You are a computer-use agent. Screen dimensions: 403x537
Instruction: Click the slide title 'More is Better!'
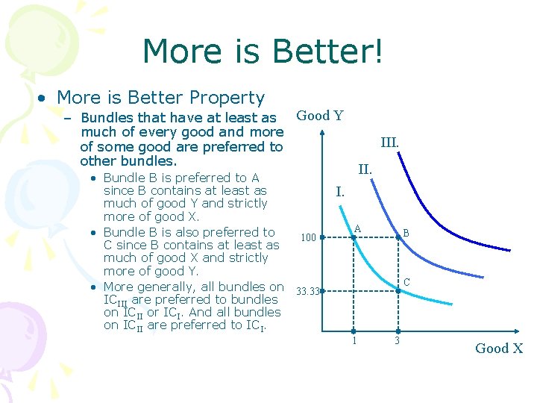[x=263, y=52]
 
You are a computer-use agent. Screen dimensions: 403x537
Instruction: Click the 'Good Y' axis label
[x=320, y=116]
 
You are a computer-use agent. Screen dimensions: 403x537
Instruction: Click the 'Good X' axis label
[x=499, y=349]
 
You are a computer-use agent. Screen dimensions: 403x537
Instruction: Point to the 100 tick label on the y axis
[x=307, y=238]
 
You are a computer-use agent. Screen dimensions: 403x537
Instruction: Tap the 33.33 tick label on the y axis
[x=308, y=291]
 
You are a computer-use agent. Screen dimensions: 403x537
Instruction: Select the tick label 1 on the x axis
[x=354, y=341]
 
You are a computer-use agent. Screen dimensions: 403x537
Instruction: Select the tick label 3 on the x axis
[x=398, y=341]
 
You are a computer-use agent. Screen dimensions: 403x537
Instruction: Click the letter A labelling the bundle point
[x=358, y=228]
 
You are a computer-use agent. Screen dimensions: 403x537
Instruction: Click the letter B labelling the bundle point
[x=406, y=233]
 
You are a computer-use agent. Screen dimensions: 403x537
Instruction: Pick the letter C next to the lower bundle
[x=406, y=282]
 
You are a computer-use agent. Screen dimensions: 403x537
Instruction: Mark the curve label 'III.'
[x=389, y=142]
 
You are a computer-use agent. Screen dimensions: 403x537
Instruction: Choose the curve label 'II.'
[x=365, y=169]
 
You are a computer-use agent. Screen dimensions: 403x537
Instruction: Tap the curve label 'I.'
[x=339, y=192]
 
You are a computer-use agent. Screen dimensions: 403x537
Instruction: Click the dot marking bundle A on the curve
[x=354, y=238]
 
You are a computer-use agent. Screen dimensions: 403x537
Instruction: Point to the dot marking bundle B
[x=398, y=238]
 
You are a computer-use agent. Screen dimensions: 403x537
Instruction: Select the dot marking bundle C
[x=398, y=290]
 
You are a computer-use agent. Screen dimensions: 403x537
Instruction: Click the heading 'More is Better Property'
[x=160, y=98]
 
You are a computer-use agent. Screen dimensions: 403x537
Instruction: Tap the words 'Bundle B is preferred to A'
[x=181, y=178]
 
